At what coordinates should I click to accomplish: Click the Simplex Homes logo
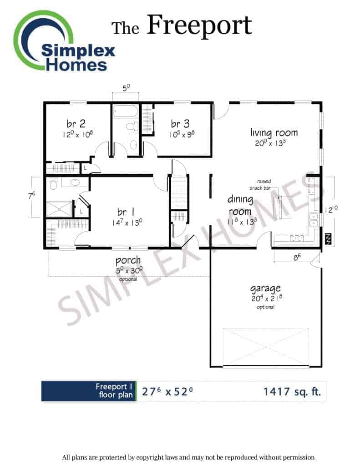[x=64, y=41]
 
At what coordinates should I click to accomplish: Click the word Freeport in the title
[x=199, y=26]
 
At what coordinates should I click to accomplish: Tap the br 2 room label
[x=76, y=123]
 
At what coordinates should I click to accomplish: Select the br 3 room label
[x=180, y=123]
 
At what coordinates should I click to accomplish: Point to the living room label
[x=274, y=132]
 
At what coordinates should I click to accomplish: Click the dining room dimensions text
[x=242, y=222]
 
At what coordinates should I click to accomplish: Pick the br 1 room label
[x=126, y=212]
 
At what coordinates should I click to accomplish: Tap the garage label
[x=265, y=289]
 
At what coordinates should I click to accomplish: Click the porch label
[x=128, y=261]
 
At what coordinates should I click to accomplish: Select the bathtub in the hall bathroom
[x=126, y=111]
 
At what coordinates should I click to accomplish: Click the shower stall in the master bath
[x=60, y=209]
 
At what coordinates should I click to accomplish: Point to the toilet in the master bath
[x=53, y=184]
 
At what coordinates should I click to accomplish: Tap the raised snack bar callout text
[x=260, y=185]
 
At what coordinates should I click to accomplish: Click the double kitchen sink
[x=314, y=219]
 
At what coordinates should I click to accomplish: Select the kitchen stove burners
[x=297, y=238]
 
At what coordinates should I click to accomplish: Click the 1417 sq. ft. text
[x=292, y=392]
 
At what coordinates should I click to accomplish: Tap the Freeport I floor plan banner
[x=89, y=391]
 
